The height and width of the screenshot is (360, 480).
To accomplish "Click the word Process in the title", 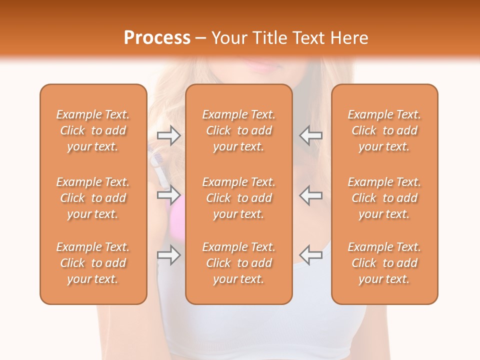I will (157, 38).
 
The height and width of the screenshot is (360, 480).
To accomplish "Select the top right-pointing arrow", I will (169, 135).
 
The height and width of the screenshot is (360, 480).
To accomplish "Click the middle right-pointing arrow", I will (169, 195).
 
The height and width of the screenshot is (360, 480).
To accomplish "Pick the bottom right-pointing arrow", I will (169, 255).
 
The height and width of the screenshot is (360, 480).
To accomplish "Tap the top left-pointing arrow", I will (310, 135).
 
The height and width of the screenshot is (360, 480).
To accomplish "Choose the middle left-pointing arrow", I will (310, 195).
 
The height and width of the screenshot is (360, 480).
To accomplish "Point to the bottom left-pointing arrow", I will (310, 255).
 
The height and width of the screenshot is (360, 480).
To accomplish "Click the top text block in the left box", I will (93, 130).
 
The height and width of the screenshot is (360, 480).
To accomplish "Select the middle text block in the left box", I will (93, 198).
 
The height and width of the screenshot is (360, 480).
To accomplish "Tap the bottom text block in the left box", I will (93, 263).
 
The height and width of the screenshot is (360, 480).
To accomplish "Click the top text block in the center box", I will (238, 130).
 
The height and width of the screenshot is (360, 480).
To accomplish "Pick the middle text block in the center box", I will (238, 198).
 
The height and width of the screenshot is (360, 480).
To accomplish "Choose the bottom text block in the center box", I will (238, 263).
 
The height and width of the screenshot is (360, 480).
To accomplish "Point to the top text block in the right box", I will (384, 130).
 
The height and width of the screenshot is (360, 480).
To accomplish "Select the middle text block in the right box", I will (384, 198).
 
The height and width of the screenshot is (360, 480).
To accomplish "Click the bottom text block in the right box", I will (384, 263).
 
